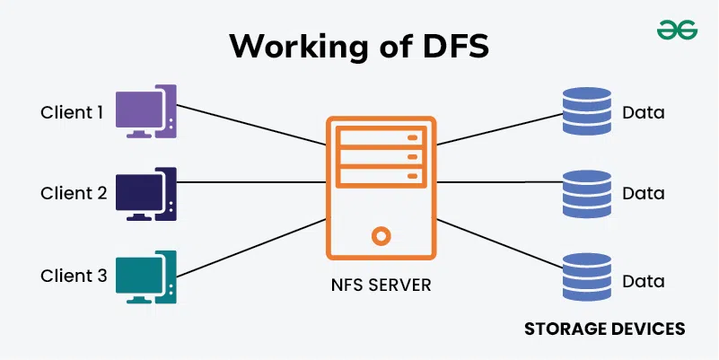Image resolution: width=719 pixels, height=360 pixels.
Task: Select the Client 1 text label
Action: (73, 113)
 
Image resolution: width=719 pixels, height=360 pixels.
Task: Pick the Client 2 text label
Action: (73, 193)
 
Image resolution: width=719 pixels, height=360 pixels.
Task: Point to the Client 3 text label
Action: (73, 276)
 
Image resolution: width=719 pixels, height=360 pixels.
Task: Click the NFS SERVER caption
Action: (381, 286)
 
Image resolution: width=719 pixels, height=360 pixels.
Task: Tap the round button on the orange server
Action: (381, 237)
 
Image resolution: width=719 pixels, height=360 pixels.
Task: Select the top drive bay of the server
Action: (381, 138)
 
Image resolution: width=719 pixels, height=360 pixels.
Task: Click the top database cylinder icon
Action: (586, 112)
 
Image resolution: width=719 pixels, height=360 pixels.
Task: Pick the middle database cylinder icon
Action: (586, 193)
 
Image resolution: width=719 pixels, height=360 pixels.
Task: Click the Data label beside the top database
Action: (643, 113)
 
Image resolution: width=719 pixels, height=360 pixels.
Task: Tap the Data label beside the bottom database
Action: (643, 280)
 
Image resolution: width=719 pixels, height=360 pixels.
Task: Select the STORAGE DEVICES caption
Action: (604, 329)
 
